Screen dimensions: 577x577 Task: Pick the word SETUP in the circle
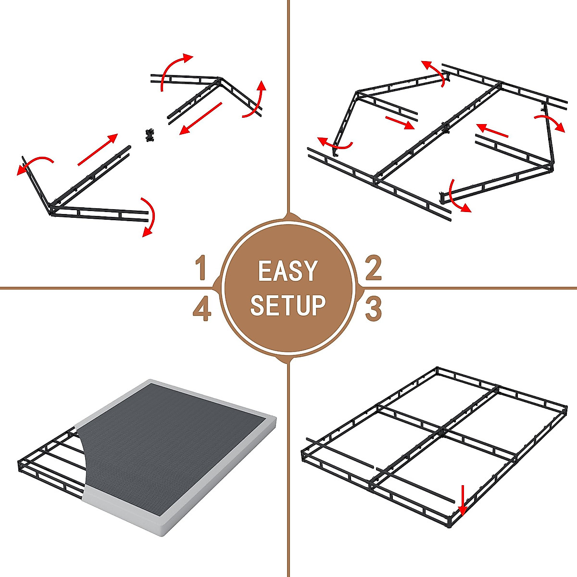[x=288, y=305]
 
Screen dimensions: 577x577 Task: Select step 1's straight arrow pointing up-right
[x=98, y=150]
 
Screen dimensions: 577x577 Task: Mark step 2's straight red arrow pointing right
[x=400, y=122]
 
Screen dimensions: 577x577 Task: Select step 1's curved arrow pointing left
[x=34, y=163]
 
